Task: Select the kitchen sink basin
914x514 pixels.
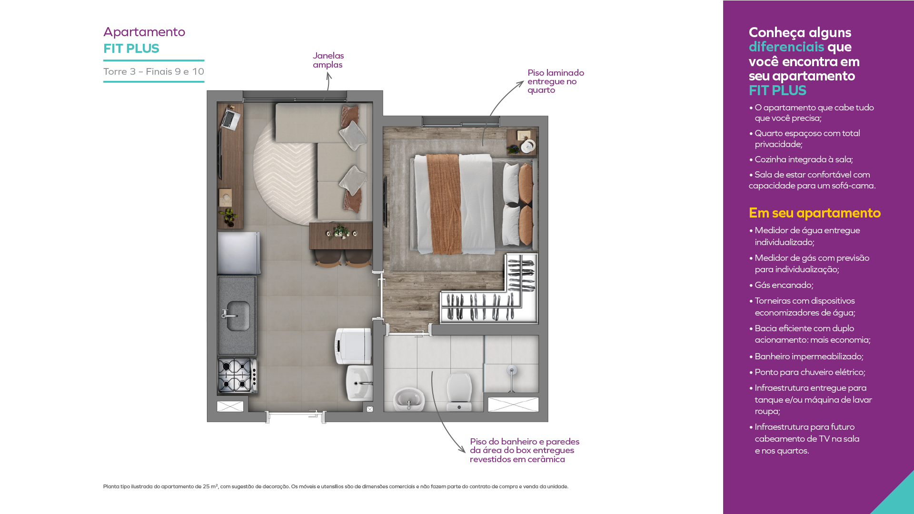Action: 237,316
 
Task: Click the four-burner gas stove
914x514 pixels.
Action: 237,375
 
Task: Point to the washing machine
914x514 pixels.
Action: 353,346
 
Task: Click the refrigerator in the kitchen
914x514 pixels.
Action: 238,253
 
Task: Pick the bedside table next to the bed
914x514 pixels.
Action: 521,142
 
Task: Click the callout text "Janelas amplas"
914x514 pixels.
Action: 328,60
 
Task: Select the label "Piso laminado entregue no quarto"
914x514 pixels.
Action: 556,81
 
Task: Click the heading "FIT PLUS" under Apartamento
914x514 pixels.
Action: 131,49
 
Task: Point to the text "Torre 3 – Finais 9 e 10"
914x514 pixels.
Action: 154,71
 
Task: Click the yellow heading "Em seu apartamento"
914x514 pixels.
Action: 815,213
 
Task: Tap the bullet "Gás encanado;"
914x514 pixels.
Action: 784,285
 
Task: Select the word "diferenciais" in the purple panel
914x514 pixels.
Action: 786,47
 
